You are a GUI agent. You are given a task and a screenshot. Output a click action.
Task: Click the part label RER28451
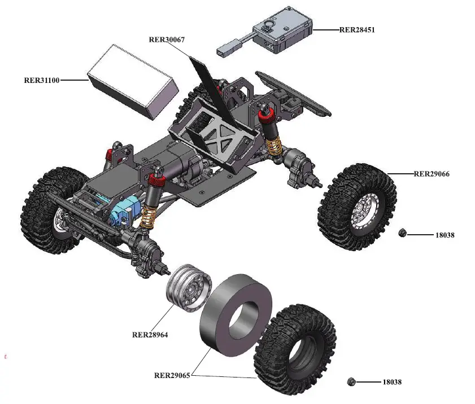[x=357, y=30]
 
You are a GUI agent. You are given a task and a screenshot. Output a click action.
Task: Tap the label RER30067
[x=167, y=39]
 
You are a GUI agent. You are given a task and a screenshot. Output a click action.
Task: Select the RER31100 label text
[x=42, y=80]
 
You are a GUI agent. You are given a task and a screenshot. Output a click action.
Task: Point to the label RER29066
[x=432, y=174]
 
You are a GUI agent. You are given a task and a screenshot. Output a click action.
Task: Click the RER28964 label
[x=150, y=335]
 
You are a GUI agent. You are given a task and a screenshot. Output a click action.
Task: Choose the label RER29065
[x=172, y=375]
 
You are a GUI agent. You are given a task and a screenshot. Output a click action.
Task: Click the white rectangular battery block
[x=133, y=82]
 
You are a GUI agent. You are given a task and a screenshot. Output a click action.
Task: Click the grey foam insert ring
[x=236, y=315]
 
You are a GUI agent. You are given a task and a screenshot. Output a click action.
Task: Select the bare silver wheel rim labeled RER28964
[x=189, y=288]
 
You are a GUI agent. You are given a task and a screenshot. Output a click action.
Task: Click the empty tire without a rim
[x=295, y=349]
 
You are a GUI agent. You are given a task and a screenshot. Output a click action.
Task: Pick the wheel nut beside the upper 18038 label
[x=402, y=232]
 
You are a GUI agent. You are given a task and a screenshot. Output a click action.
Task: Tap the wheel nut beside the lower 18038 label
[x=351, y=381]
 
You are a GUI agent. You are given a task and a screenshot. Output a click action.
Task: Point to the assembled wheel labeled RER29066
[x=357, y=207]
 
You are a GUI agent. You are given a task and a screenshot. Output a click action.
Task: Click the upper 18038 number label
[x=445, y=235]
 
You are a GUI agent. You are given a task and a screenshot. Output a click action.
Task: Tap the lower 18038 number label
[x=392, y=382]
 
